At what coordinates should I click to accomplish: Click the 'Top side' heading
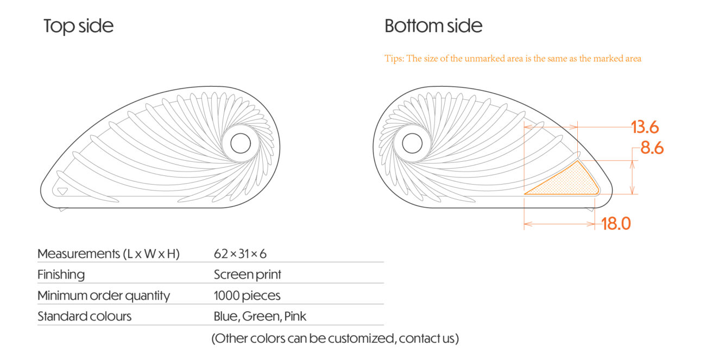point(79,26)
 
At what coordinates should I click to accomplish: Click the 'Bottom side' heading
point(433,26)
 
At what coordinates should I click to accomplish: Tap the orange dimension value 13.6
point(645,128)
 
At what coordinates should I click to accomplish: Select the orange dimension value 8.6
point(652,148)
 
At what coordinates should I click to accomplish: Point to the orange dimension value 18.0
point(616,224)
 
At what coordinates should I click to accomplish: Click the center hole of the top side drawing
point(241,143)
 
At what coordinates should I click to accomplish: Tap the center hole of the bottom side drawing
point(412,143)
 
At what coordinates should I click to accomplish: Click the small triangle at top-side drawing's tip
point(62,191)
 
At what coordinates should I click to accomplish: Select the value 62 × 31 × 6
point(240,254)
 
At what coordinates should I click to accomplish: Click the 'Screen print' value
point(248,275)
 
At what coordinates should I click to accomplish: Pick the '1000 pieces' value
point(247,296)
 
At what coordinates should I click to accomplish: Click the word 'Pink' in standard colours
point(295,316)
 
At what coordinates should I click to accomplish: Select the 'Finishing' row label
point(61,275)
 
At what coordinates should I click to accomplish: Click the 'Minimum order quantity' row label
point(104,296)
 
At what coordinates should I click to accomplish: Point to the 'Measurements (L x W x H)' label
point(109,254)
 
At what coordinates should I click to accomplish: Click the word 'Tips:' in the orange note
point(394,59)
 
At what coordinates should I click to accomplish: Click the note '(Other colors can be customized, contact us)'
point(335,339)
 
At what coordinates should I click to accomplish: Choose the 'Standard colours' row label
point(85,316)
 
